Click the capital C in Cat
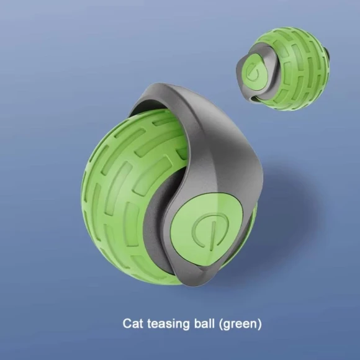pyautogui.click(x=127, y=323)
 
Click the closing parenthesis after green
pyautogui.click(x=259, y=324)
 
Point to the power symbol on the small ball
pyautogui.click(x=255, y=71)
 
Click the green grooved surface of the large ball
pyautogui.click(x=124, y=186)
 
